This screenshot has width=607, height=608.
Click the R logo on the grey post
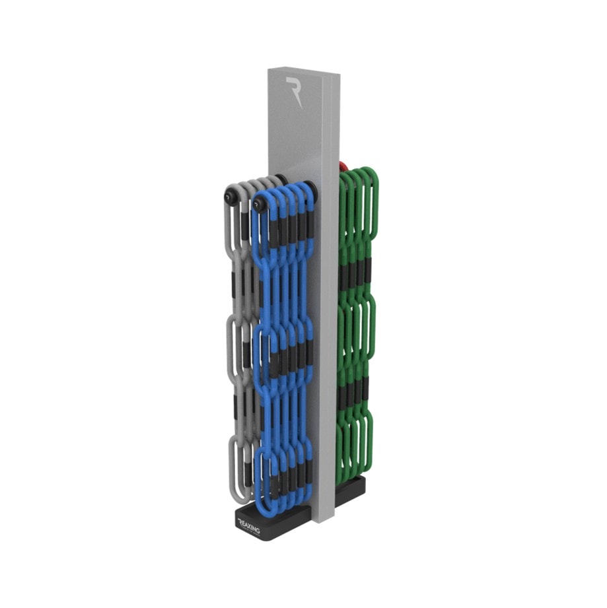293,91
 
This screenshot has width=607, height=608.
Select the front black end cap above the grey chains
231,196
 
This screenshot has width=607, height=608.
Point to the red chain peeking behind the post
343,166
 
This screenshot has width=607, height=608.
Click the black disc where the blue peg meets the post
310,191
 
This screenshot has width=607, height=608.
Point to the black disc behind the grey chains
281,180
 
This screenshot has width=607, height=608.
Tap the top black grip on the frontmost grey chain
244,228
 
